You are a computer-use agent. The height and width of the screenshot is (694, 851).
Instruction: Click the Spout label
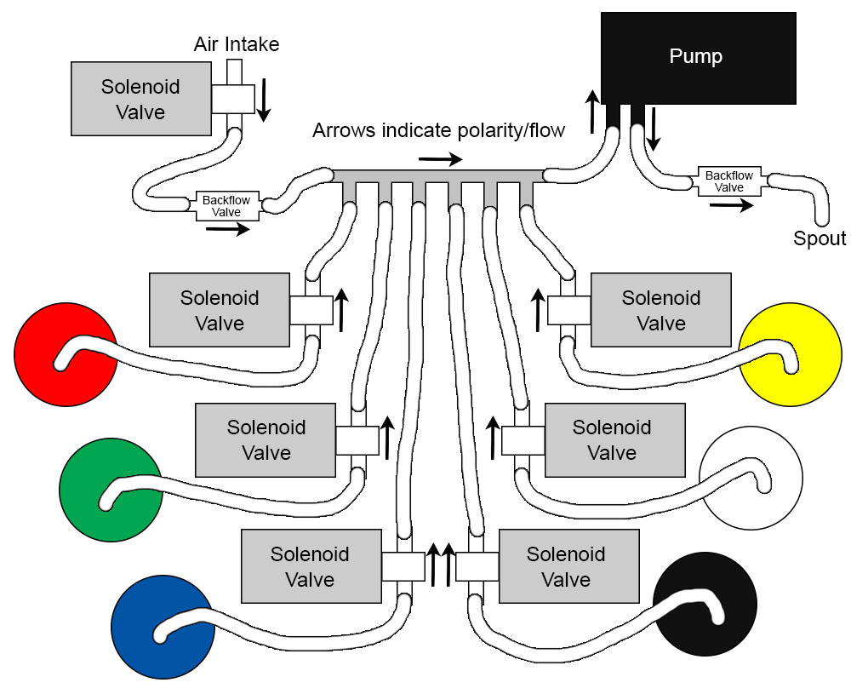click(x=820, y=239)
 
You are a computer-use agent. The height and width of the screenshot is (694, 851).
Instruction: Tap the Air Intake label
click(x=236, y=43)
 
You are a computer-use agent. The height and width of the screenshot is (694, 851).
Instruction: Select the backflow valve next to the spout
click(x=729, y=181)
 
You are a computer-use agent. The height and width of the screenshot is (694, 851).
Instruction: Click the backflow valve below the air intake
click(x=227, y=205)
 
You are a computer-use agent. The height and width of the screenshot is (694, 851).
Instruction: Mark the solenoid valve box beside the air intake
click(x=140, y=99)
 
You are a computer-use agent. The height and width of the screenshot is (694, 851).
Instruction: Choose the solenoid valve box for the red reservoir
click(x=219, y=310)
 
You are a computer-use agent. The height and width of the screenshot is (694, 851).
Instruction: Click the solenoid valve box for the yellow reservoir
click(x=660, y=310)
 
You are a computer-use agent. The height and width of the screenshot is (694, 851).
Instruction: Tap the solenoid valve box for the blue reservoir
click(x=310, y=566)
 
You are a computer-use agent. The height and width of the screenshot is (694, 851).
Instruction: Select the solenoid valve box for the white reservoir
click(x=614, y=439)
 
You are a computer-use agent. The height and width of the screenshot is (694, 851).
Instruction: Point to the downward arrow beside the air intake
click(x=264, y=100)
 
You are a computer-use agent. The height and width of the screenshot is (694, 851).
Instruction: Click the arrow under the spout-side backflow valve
click(x=731, y=205)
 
